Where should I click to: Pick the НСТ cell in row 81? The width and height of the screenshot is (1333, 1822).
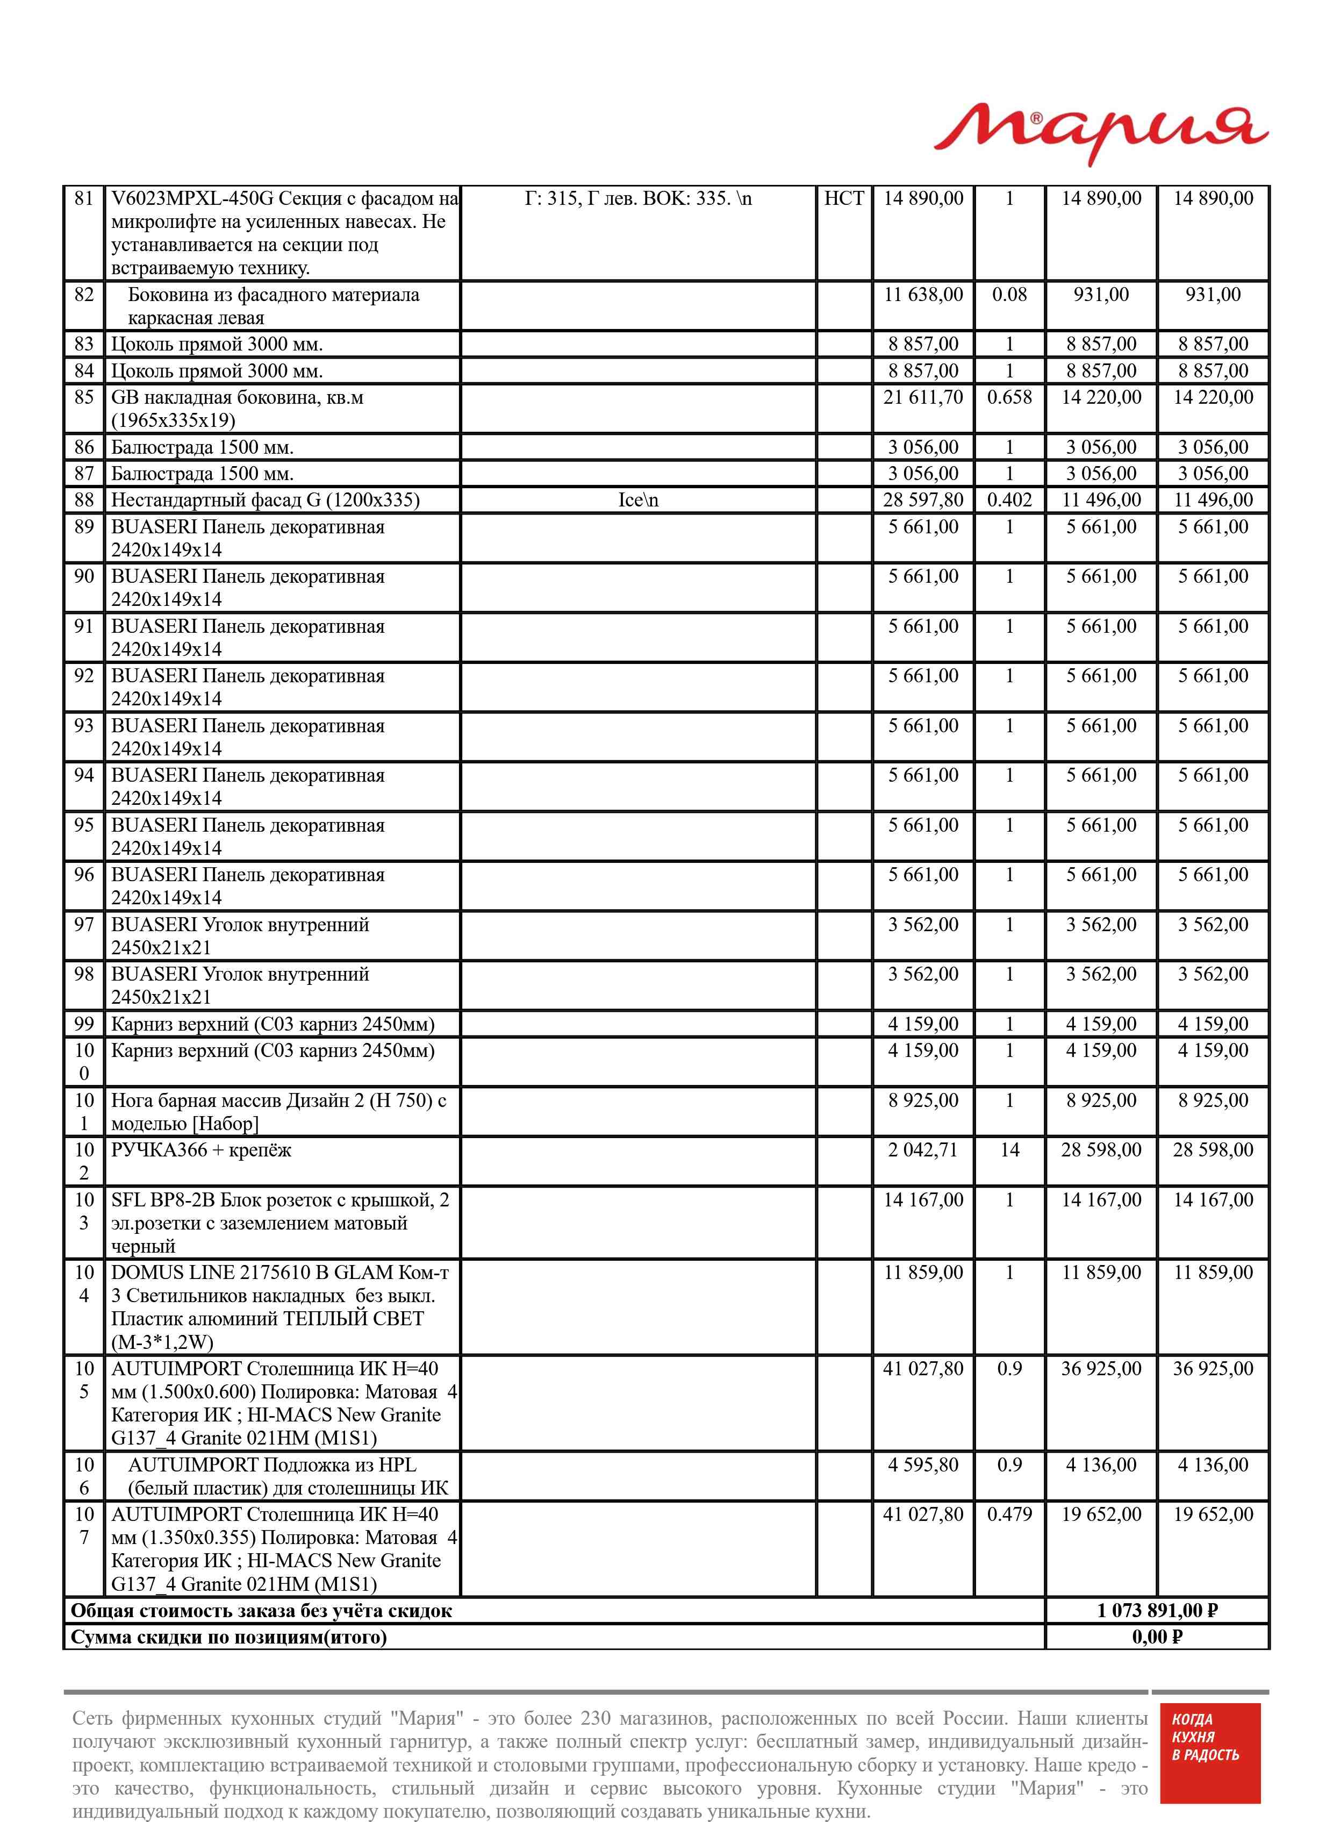click(843, 198)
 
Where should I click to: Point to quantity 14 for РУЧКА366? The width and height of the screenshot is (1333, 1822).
click(1009, 1150)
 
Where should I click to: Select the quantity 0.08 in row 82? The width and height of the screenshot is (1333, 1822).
click(1009, 295)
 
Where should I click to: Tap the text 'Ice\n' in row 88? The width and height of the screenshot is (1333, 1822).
click(638, 501)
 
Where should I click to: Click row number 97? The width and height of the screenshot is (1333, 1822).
click(84, 925)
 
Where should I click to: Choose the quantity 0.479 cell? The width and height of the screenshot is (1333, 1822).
click(1009, 1514)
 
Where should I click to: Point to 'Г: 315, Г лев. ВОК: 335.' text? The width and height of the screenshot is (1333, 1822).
click(638, 198)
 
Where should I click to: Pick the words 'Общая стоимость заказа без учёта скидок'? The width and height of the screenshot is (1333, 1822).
click(261, 1611)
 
